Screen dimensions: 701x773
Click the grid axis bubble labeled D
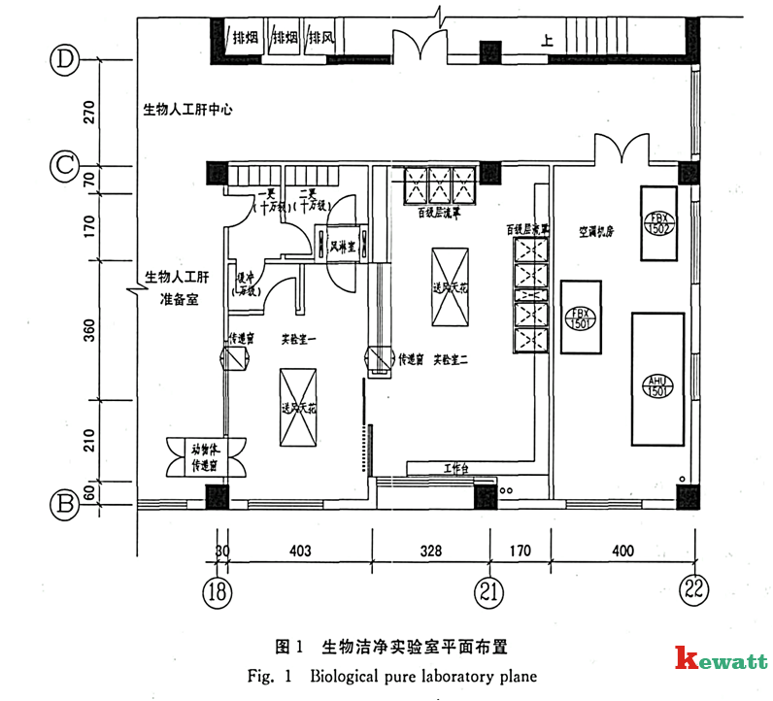tap(64, 59)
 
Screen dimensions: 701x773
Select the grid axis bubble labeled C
tap(64, 166)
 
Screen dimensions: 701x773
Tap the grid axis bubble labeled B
tap(64, 504)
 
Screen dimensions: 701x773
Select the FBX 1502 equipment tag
tap(658, 222)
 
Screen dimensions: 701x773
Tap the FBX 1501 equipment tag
tap(581, 317)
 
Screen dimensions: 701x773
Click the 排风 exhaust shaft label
tap(321, 39)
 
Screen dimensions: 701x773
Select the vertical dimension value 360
tap(89, 330)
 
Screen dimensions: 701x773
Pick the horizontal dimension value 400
tap(622, 551)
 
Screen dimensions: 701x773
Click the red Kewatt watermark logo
tap(719, 660)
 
